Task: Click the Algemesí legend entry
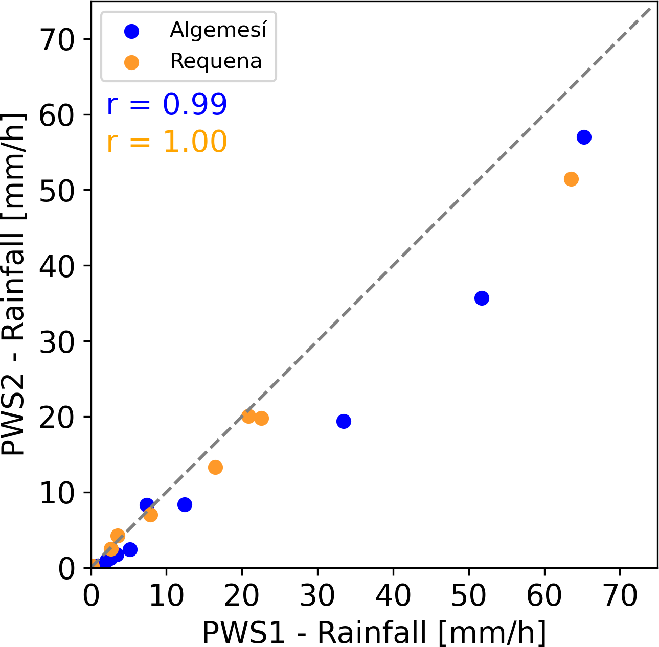[x=218, y=31]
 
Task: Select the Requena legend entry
[x=216, y=61]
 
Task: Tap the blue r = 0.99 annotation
[x=167, y=105]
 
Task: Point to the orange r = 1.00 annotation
[x=167, y=142]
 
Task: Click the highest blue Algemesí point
[x=584, y=137]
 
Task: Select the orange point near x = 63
[x=571, y=179]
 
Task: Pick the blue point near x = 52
[x=482, y=298]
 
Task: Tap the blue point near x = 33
[x=344, y=421]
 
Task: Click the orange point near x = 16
[x=215, y=467]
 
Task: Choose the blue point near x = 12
[x=185, y=504]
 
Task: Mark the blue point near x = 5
[x=130, y=549]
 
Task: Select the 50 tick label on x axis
[x=469, y=596]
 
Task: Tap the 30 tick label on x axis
[x=317, y=596]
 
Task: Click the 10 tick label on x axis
[x=166, y=596]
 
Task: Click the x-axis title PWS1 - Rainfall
[x=374, y=633]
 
